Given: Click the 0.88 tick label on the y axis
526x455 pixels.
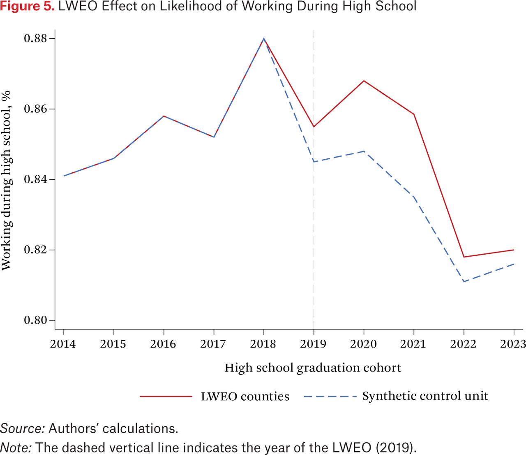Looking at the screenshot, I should (35, 38).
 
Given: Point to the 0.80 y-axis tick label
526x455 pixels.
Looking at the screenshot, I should (35, 320).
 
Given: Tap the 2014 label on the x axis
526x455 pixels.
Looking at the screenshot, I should (63, 344).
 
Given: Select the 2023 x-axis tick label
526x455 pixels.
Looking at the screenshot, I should (513, 344).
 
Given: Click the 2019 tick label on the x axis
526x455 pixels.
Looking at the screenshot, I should (313, 344).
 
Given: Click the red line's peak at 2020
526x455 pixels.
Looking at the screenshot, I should (364, 81).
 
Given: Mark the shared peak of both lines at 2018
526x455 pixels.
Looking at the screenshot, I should (264, 39).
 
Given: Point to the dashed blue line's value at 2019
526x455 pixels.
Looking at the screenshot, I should (314, 162).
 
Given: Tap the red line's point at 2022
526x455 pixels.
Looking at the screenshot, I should (464, 257).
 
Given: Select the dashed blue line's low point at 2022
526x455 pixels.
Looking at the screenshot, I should (464, 282).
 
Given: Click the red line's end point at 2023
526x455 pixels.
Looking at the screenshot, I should (514, 250).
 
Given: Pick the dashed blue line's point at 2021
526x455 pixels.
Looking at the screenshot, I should (414, 197).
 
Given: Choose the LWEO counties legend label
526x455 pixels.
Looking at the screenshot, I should (245, 397).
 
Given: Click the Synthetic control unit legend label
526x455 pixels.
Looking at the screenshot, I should (425, 396).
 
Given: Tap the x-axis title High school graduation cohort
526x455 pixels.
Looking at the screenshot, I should (313, 368).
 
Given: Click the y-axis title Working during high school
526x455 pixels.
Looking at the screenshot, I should (7, 181).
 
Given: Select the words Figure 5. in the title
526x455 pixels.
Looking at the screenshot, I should (28, 7).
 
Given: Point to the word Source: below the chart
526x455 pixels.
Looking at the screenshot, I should (23, 428).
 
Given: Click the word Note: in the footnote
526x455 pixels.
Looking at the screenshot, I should (16, 447).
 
